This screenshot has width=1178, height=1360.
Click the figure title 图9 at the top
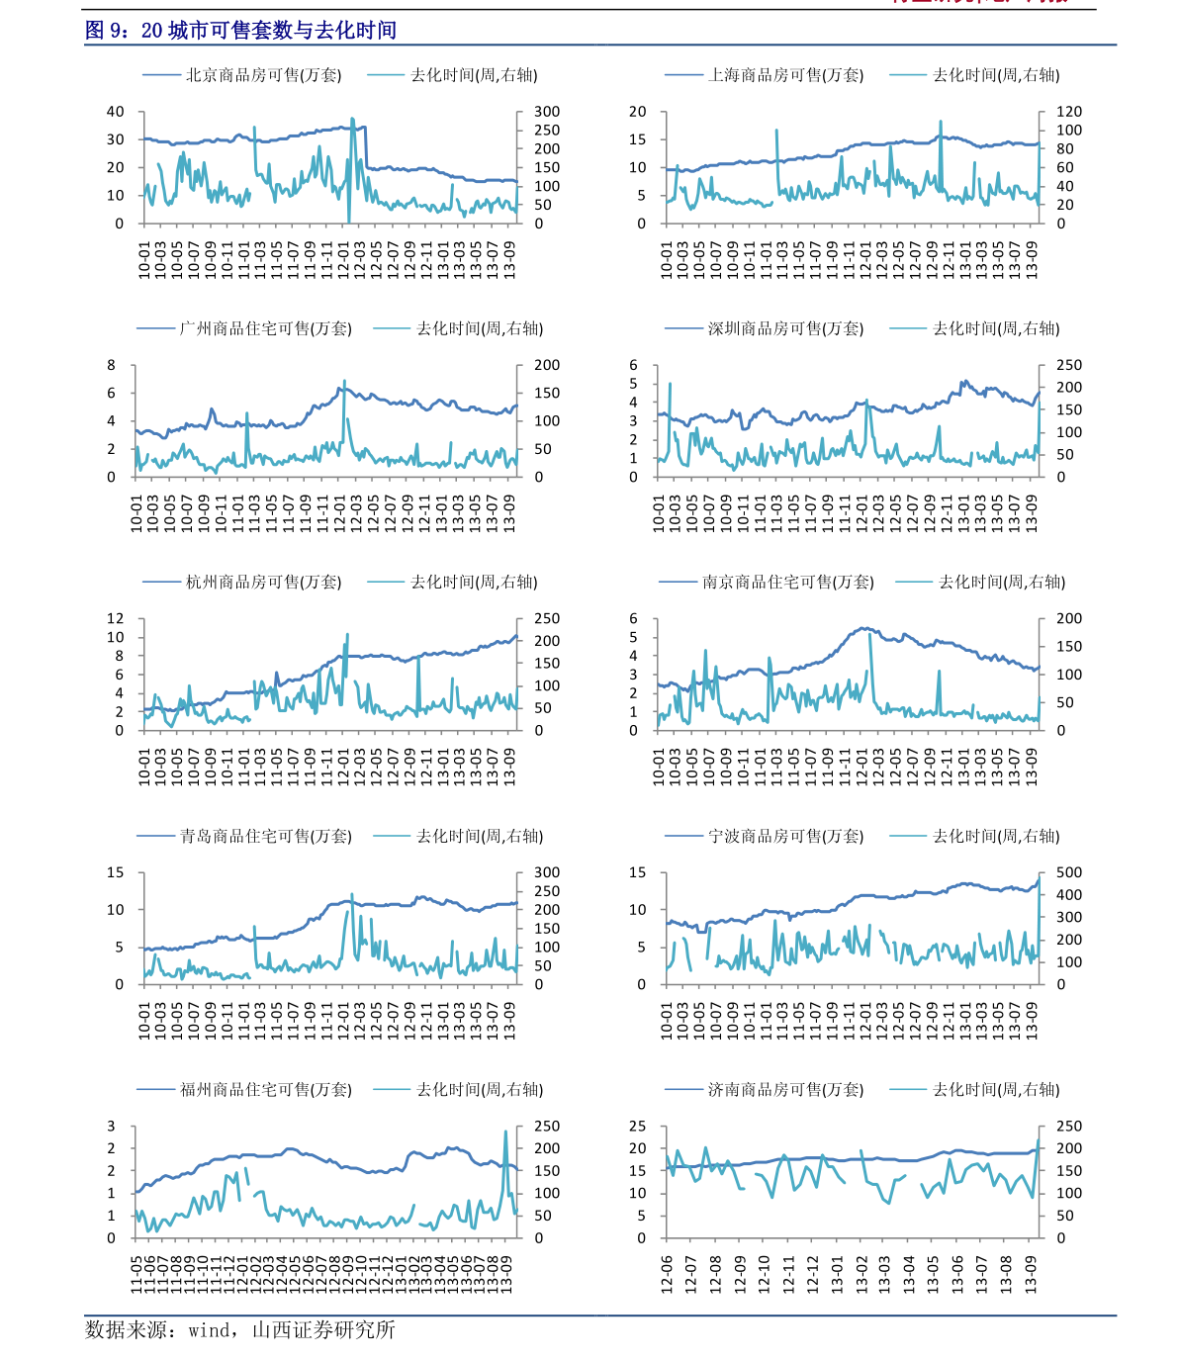(x=240, y=31)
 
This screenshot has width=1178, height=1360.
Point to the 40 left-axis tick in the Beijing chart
(x=116, y=112)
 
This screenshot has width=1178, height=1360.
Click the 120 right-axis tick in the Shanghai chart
(x=1069, y=112)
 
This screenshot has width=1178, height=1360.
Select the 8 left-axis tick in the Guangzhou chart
(x=112, y=365)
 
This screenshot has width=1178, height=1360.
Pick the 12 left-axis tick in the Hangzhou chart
(x=116, y=619)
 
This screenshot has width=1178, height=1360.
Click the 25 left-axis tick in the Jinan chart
(x=638, y=1127)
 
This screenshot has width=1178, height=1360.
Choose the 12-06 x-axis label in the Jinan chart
(x=667, y=1273)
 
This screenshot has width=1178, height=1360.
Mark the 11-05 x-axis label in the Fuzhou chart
(x=136, y=1273)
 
